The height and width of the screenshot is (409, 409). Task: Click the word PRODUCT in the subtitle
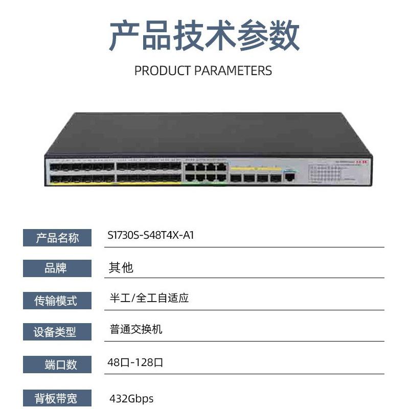coord(163,71)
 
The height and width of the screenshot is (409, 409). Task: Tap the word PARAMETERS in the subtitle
coord(233,71)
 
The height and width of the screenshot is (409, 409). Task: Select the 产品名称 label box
coord(57,238)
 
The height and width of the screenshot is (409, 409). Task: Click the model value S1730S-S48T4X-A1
coord(151,236)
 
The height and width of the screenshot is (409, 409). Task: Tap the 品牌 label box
coord(57,268)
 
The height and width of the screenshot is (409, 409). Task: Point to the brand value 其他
coord(121,267)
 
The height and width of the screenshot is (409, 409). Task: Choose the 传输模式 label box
coord(57,301)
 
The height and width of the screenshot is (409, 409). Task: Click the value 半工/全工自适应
coord(149,299)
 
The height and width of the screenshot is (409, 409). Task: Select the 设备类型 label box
coord(57,332)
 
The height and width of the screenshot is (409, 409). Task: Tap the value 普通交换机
coord(136,329)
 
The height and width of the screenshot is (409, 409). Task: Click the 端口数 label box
coord(57,364)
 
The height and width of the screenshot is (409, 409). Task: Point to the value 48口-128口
coord(135,363)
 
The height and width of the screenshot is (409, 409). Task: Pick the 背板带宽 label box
coord(57,398)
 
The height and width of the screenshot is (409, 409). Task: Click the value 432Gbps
coord(131,398)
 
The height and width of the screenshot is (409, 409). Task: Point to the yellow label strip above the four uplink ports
coord(255,168)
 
